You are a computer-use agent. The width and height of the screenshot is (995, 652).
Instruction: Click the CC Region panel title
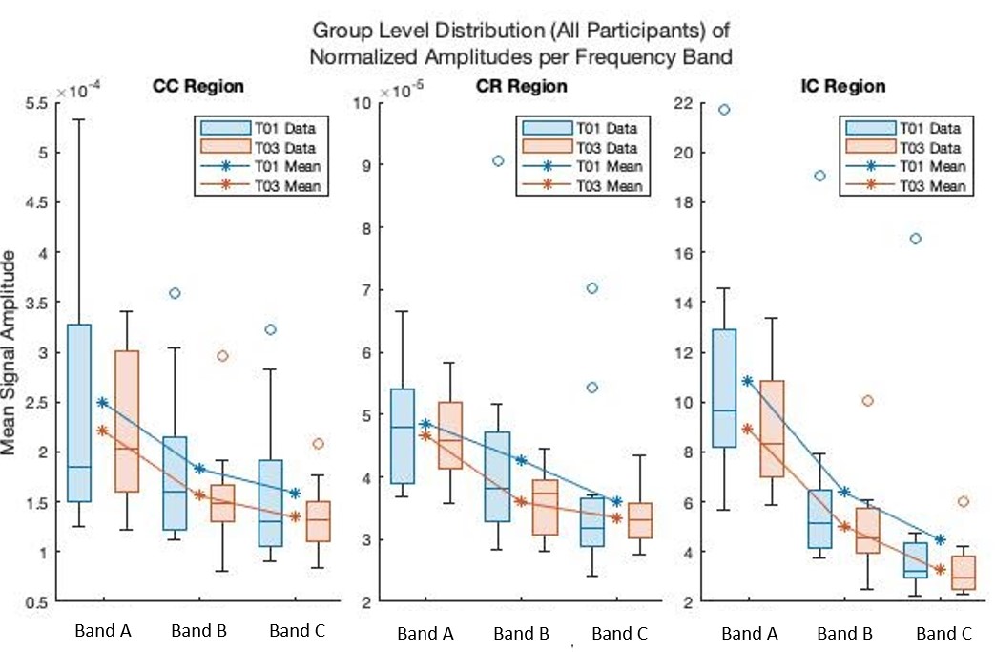point(198,86)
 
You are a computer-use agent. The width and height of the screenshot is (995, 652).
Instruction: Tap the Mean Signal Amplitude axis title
point(12,353)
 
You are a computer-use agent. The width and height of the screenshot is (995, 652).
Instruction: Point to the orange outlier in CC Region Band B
point(222,356)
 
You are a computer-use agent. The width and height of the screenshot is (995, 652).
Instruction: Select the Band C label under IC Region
point(943,634)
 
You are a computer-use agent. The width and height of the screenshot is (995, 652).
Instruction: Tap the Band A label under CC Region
point(103,631)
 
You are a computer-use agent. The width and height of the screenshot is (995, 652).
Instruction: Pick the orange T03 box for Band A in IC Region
point(772,428)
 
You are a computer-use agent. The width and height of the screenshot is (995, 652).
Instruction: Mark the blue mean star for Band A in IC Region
point(748,381)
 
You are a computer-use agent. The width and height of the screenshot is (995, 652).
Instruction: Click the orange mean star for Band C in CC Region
point(294,516)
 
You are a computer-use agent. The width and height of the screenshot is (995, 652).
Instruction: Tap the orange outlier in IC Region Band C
point(964,501)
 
